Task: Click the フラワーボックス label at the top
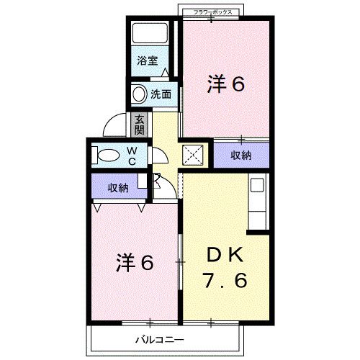(211, 12)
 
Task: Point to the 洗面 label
(161, 94)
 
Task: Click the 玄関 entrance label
(139, 125)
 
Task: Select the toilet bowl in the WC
(108, 154)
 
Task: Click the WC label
(132, 154)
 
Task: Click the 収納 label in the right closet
(240, 155)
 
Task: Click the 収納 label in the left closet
(118, 188)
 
